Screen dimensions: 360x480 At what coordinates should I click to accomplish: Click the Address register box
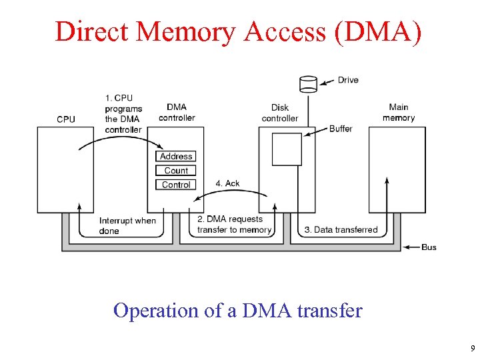(x=176, y=157)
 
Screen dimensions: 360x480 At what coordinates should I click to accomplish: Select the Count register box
(x=176, y=171)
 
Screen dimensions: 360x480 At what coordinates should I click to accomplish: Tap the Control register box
(x=176, y=185)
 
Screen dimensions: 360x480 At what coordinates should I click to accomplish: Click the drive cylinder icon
(x=308, y=84)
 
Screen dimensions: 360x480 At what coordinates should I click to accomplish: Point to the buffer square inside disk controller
(x=287, y=149)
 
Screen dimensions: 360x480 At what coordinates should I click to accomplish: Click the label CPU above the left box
(x=66, y=119)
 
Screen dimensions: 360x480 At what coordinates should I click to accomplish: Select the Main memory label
(x=399, y=113)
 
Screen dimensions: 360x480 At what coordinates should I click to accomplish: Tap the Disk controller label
(x=280, y=113)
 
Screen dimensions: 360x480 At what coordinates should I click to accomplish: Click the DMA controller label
(x=177, y=113)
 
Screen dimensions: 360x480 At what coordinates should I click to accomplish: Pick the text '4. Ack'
(x=227, y=183)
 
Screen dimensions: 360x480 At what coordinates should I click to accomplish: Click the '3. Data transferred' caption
(x=341, y=230)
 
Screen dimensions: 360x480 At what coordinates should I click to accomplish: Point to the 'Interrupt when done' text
(x=127, y=225)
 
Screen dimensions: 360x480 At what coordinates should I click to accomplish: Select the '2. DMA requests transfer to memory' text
(x=234, y=225)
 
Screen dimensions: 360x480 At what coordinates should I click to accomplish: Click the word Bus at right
(x=429, y=247)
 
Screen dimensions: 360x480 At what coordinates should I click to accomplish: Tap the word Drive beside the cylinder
(x=348, y=80)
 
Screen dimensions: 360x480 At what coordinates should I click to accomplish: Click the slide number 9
(x=473, y=349)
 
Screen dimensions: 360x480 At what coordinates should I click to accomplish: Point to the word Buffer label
(x=341, y=129)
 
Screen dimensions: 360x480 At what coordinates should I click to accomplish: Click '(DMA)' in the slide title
(x=380, y=31)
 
